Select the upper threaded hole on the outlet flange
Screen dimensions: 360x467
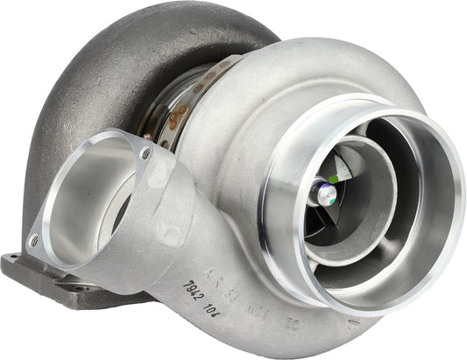145,153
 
